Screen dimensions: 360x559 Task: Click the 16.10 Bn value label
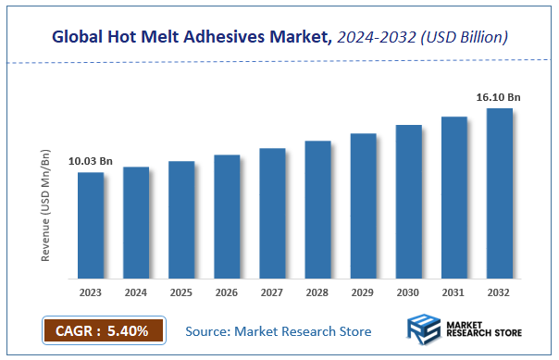[499, 96]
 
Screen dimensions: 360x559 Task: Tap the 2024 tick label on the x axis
[136, 292]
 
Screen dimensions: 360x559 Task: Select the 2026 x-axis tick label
[227, 292]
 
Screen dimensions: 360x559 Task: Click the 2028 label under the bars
[317, 292]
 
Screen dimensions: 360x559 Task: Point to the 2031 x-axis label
[453, 292]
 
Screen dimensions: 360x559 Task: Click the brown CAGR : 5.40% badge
[103, 329]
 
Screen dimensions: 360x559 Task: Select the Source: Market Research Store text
[278, 330]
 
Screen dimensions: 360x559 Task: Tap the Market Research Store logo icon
[424, 330]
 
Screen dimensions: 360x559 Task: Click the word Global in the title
[78, 37]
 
